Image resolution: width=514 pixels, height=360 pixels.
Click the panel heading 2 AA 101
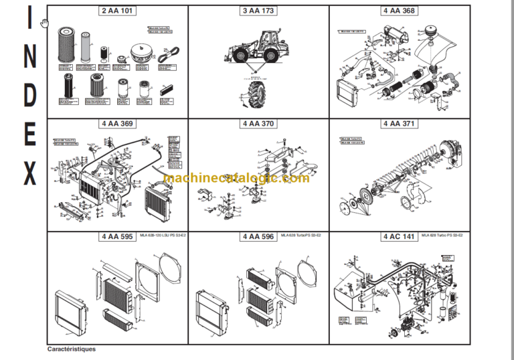(117, 11)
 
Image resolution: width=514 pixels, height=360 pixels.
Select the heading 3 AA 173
(258, 11)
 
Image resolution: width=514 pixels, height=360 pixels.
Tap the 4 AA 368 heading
(398, 11)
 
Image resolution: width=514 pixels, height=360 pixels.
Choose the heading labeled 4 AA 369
(117, 123)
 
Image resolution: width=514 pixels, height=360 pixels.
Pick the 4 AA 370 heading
(258, 123)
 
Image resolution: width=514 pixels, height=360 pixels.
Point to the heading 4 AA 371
(398, 123)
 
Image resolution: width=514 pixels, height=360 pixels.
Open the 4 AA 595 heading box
(117, 236)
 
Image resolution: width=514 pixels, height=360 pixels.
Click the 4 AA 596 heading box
(258, 236)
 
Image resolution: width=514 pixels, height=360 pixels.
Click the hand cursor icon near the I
(44, 24)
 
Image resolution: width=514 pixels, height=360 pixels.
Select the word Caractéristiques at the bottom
(72, 349)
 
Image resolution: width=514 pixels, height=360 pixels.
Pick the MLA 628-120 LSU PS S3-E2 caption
(164, 236)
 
